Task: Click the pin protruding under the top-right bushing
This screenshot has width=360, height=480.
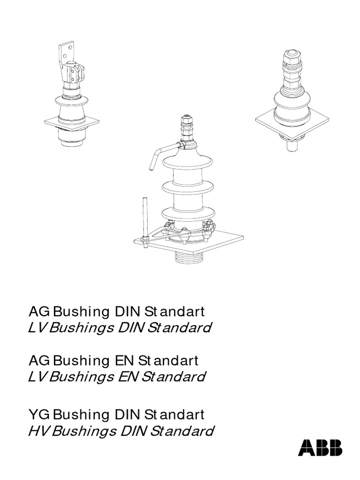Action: point(290,145)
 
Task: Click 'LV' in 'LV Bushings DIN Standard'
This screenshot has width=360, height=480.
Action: point(37,327)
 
